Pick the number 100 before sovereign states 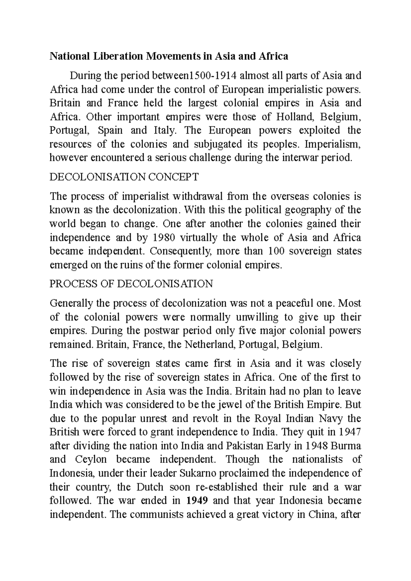pyautogui.click(x=277, y=251)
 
